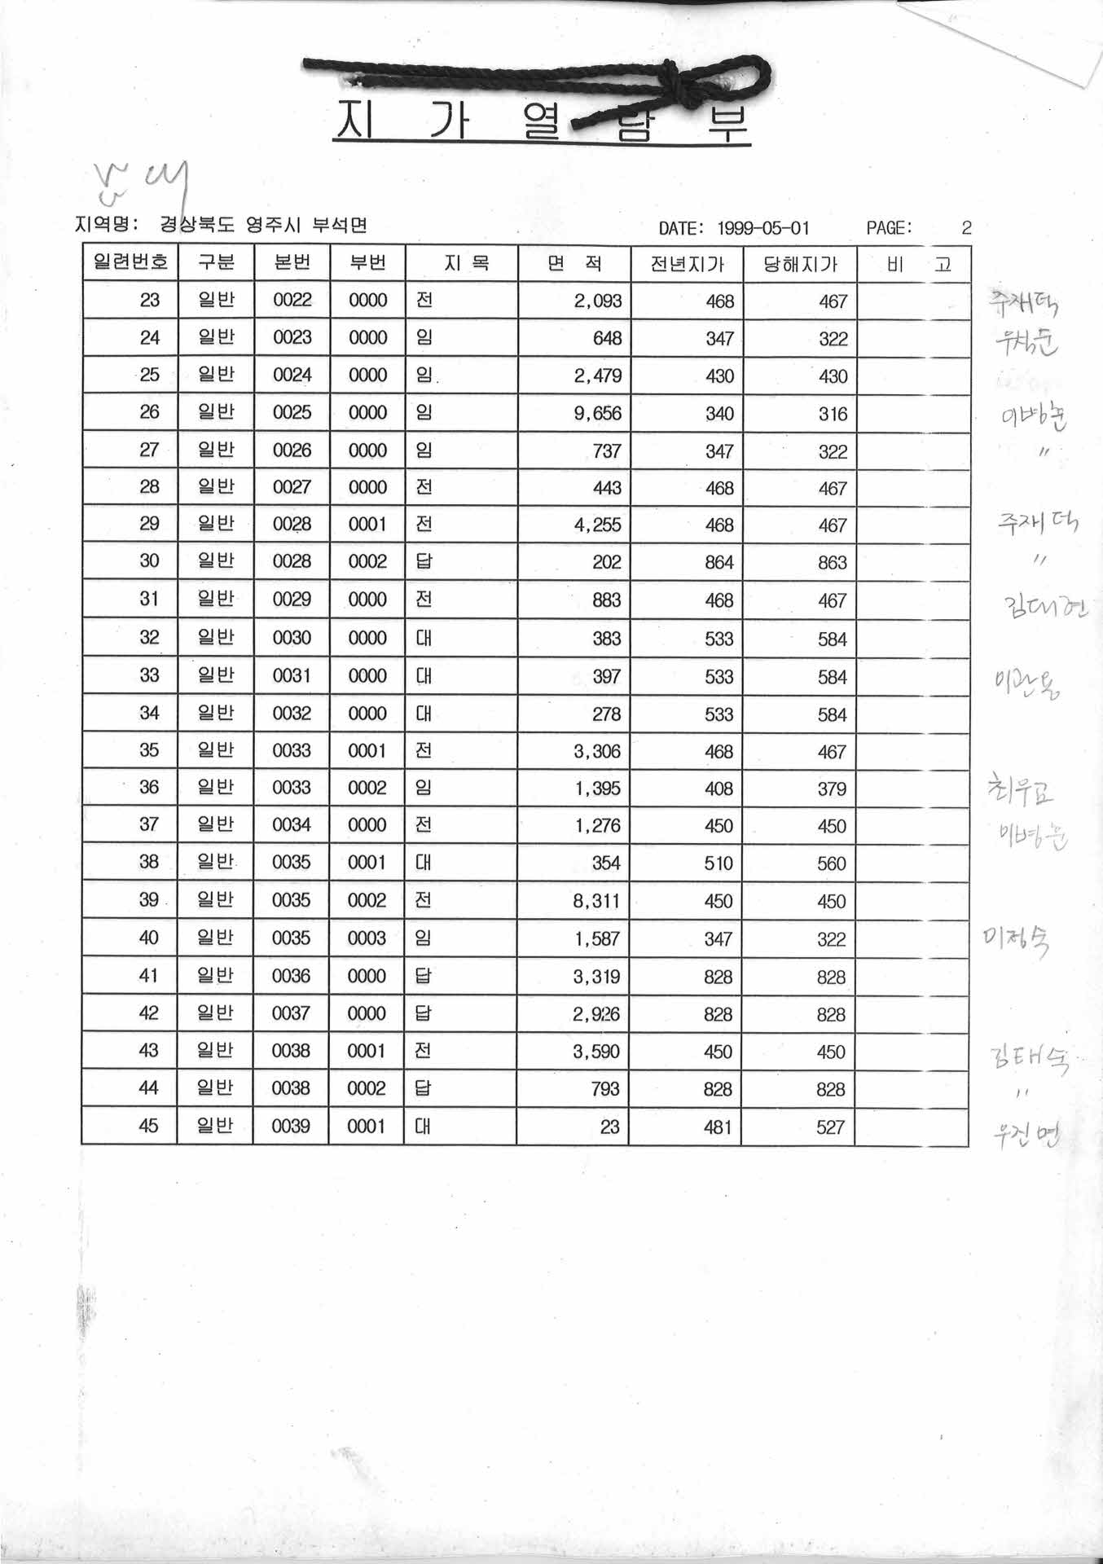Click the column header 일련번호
tap(130, 262)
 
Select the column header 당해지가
tap(799, 265)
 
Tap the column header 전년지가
tap(686, 265)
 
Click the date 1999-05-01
tap(763, 229)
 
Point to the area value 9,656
tap(597, 414)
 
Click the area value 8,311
tap(596, 902)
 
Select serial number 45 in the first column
tap(148, 1126)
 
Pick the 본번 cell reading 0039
tap(291, 1126)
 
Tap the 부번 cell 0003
tap(367, 938)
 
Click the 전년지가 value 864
tap(719, 563)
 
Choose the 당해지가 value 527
tap(831, 1127)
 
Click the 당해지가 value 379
tap(832, 789)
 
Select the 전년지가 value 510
tap(718, 863)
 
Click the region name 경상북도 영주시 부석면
tap(263, 225)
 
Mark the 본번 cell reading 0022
tap(292, 301)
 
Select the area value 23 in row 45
tap(609, 1127)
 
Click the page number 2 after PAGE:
tap(966, 228)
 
